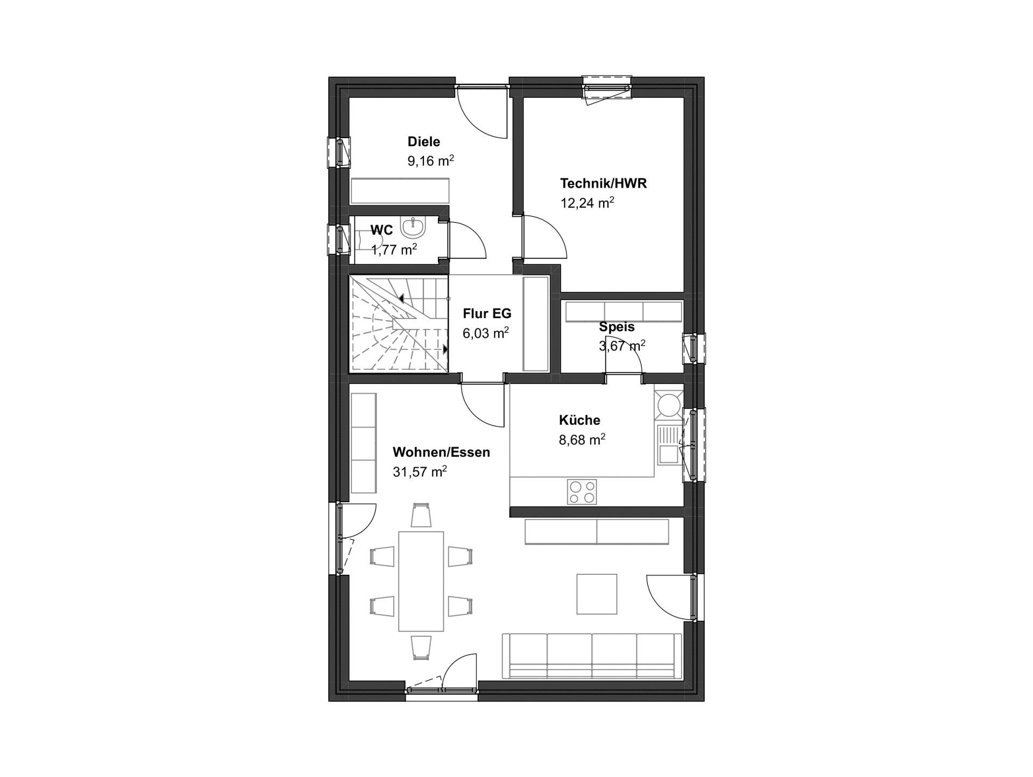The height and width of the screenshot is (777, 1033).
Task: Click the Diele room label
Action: (x=423, y=141)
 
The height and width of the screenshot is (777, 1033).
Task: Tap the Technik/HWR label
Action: (x=603, y=183)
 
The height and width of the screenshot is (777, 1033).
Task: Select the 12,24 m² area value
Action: (x=588, y=203)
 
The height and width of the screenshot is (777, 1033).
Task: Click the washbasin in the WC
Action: (x=413, y=227)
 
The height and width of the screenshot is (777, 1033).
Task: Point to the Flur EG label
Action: (x=487, y=313)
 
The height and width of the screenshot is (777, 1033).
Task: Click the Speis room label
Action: (x=617, y=326)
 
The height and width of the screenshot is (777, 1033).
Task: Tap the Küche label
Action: (x=579, y=420)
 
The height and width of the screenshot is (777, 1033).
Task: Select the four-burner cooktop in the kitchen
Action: (x=582, y=491)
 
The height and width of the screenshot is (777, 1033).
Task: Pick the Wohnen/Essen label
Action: (x=441, y=452)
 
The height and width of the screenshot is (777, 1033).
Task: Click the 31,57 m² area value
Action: (x=420, y=472)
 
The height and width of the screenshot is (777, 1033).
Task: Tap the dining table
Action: (x=421, y=581)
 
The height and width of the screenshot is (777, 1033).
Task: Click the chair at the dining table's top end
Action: (x=421, y=515)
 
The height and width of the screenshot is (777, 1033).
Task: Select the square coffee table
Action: (x=597, y=594)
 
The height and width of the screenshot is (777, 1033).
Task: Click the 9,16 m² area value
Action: (x=430, y=161)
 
